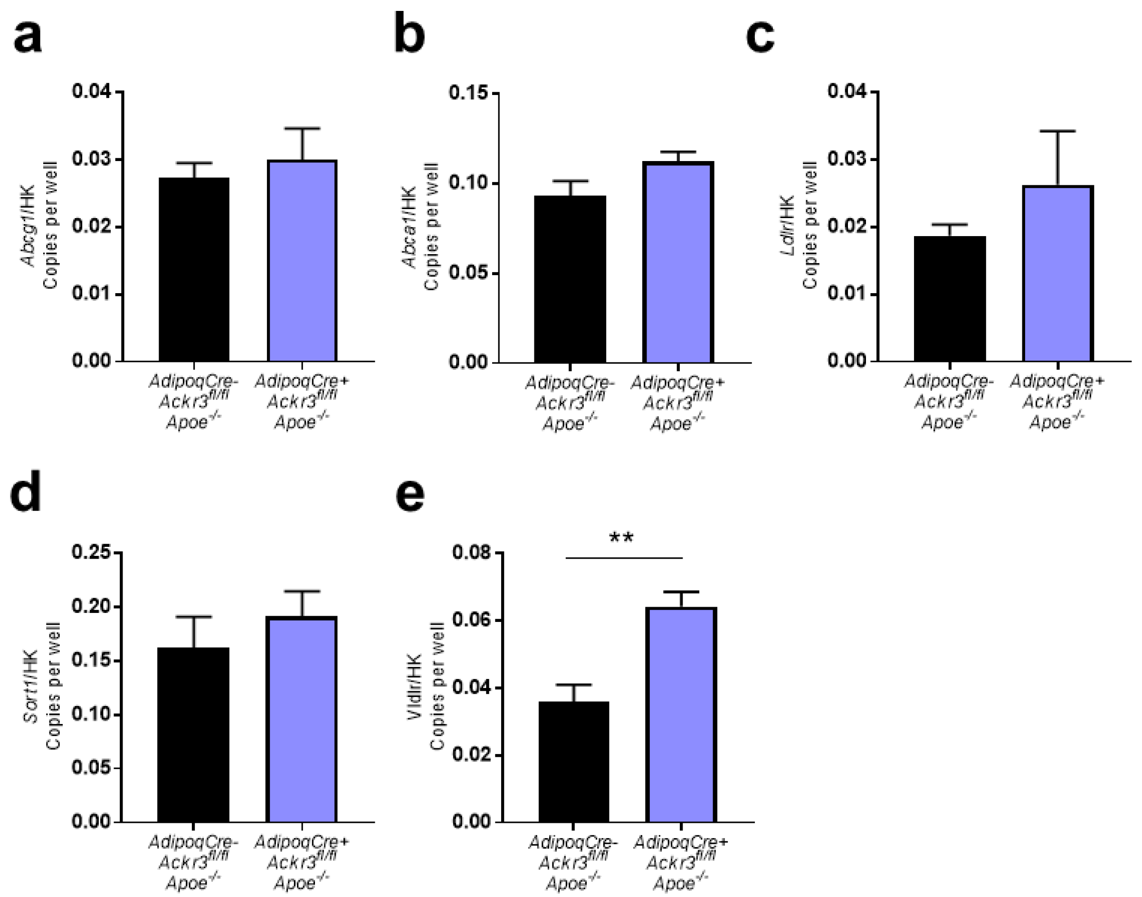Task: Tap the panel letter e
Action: click(410, 496)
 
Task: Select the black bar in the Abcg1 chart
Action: click(194, 270)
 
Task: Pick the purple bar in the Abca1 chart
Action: click(678, 263)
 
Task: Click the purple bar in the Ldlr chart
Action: click(1057, 273)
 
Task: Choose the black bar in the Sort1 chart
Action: click(193, 735)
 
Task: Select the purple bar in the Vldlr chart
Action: click(681, 714)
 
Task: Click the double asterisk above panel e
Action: click(622, 538)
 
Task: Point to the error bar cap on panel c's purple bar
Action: click(1057, 131)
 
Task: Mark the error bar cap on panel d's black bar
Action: click(193, 617)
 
